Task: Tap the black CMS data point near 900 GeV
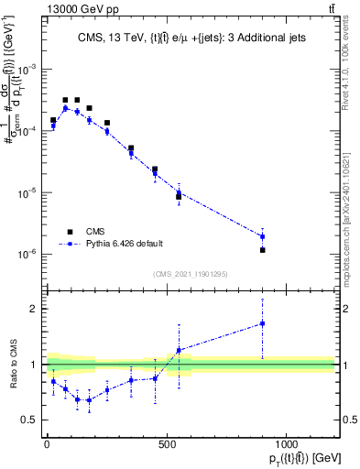262,250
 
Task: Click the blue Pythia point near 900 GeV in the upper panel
262,236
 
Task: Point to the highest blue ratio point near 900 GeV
262,323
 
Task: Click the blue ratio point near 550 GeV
179,351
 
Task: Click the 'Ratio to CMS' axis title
11,365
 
